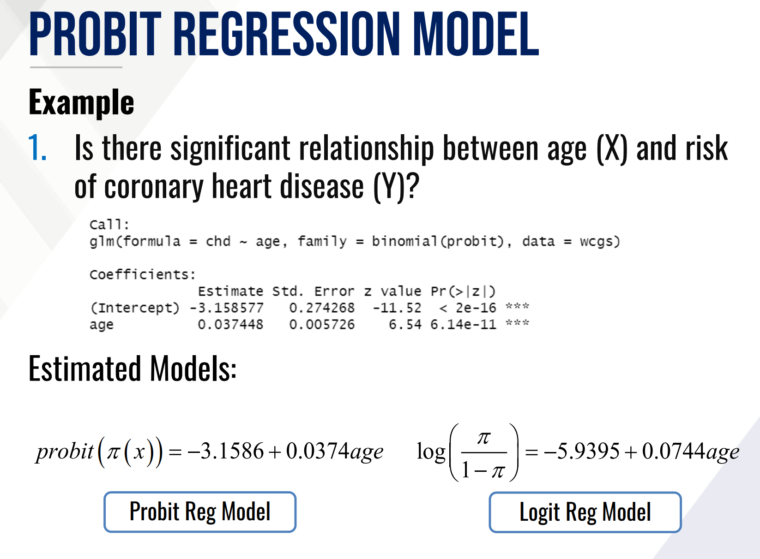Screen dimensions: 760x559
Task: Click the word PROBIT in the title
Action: tap(95, 34)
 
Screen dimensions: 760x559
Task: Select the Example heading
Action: tap(81, 102)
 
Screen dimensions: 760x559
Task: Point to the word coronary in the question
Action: tap(154, 186)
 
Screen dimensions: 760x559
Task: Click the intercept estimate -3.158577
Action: tap(226, 308)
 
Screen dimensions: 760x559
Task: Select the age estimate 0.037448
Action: tap(230, 324)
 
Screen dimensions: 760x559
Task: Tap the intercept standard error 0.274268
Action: tap(322, 308)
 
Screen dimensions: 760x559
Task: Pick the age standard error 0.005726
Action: tap(322, 324)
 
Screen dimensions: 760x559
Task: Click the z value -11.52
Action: tap(397, 308)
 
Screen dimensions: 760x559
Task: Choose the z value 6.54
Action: tap(405, 324)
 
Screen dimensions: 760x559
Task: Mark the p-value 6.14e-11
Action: tap(463, 324)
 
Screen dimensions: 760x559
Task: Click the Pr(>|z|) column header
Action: tap(463, 291)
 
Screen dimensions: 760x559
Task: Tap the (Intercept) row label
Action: tap(135, 308)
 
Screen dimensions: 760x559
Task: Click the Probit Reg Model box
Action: tap(200, 512)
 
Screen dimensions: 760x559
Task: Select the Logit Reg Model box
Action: tap(585, 512)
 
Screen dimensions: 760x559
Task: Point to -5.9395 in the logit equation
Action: tap(581, 452)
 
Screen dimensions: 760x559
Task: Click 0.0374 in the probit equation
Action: tap(318, 451)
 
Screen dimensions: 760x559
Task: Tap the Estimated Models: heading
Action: tap(133, 369)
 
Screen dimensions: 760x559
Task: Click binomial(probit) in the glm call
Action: tap(438, 241)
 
